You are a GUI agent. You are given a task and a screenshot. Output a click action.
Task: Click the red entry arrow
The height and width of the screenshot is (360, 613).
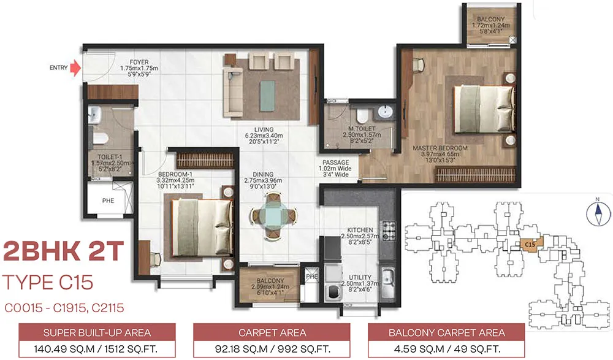click(x=75, y=67)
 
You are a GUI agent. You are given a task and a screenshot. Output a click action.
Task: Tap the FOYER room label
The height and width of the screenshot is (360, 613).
click(x=139, y=62)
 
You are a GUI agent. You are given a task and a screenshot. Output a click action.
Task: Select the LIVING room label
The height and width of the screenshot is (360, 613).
click(x=264, y=129)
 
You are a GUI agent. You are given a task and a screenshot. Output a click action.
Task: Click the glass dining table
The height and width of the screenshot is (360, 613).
click(x=273, y=215)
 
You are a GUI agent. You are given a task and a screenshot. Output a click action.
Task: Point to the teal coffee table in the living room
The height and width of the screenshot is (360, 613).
click(x=267, y=96)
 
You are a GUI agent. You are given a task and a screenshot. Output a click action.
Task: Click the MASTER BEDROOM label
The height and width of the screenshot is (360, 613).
click(x=440, y=148)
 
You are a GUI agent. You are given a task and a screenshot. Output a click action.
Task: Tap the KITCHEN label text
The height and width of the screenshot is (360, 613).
click(x=360, y=230)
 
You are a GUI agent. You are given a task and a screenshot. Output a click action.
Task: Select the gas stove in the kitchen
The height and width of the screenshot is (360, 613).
click(x=388, y=231)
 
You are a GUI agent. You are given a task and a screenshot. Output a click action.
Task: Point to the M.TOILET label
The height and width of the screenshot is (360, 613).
click(x=362, y=129)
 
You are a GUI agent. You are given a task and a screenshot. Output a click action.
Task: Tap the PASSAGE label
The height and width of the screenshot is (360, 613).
click(x=336, y=163)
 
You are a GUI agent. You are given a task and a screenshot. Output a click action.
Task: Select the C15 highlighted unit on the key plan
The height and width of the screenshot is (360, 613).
click(x=530, y=245)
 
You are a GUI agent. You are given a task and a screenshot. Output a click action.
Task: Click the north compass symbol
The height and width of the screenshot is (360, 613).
click(x=598, y=213)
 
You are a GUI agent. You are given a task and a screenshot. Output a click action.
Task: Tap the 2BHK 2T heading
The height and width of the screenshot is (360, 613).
click(x=63, y=251)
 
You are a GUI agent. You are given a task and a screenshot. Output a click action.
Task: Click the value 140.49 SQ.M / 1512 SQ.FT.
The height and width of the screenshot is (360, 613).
click(x=96, y=348)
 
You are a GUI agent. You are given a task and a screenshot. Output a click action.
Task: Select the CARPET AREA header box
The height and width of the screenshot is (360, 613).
click(x=272, y=332)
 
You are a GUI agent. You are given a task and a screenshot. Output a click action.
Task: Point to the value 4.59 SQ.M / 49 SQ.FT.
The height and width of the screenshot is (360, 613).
click(x=446, y=348)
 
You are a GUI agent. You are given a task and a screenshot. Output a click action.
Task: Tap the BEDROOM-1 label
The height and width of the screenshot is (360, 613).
click(x=175, y=175)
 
